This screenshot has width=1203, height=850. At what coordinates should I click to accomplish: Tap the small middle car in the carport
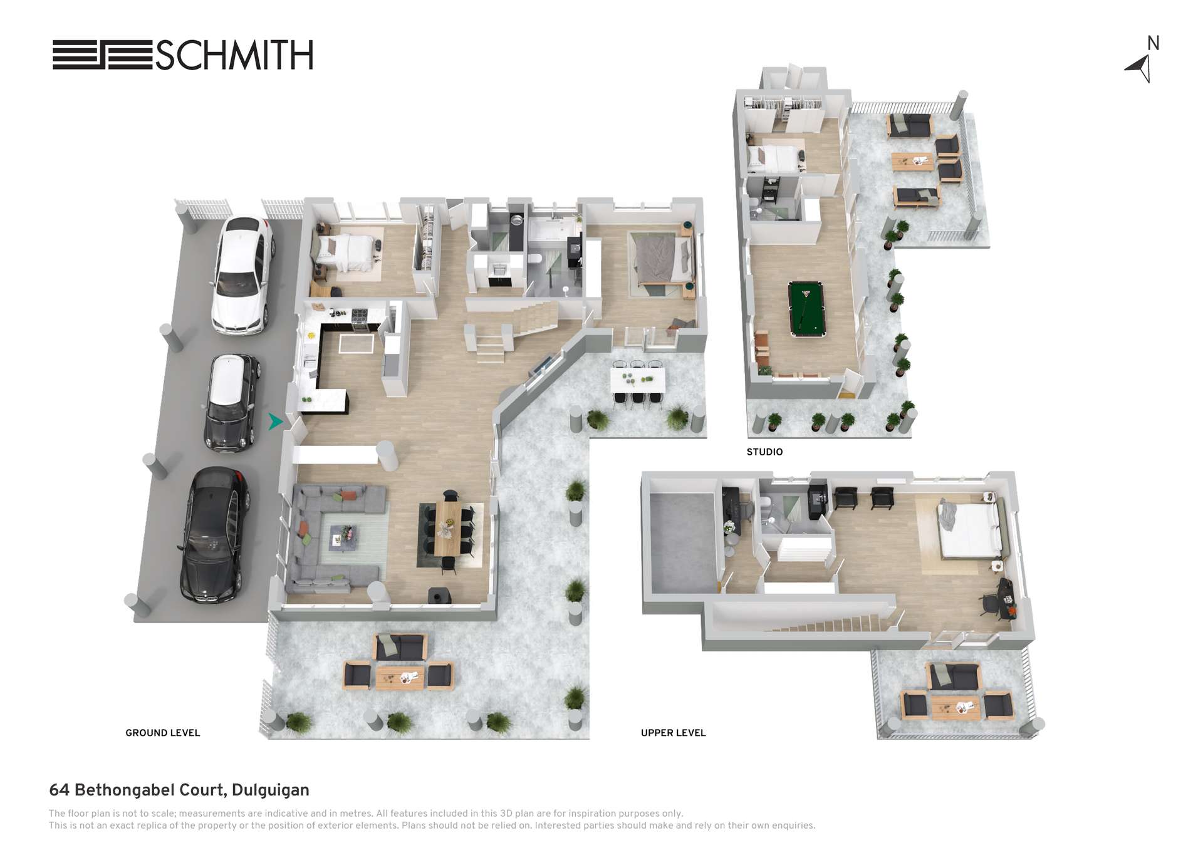pyautogui.click(x=232, y=403)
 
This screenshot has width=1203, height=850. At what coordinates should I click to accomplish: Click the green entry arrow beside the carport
pyautogui.click(x=275, y=422)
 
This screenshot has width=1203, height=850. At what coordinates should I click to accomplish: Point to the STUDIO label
pyautogui.click(x=764, y=452)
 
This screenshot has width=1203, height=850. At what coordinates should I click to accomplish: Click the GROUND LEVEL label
pyautogui.click(x=163, y=733)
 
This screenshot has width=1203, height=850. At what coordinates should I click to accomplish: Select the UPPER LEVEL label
pyautogui.click(x=673, y=733)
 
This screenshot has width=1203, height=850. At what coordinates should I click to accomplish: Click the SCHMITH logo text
pyautogui.click(x=234, y=55)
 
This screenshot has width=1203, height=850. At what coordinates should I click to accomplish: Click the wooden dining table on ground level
pyautogui.click(x=447, y=528)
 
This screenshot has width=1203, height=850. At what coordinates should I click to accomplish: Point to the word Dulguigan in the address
pyautogui.click(x=270, y=790)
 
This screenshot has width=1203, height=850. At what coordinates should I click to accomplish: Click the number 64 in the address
pyautogui.click(x=59, y=790)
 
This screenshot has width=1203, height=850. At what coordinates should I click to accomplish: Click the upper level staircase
pyautogui.click(x=827, y=624)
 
